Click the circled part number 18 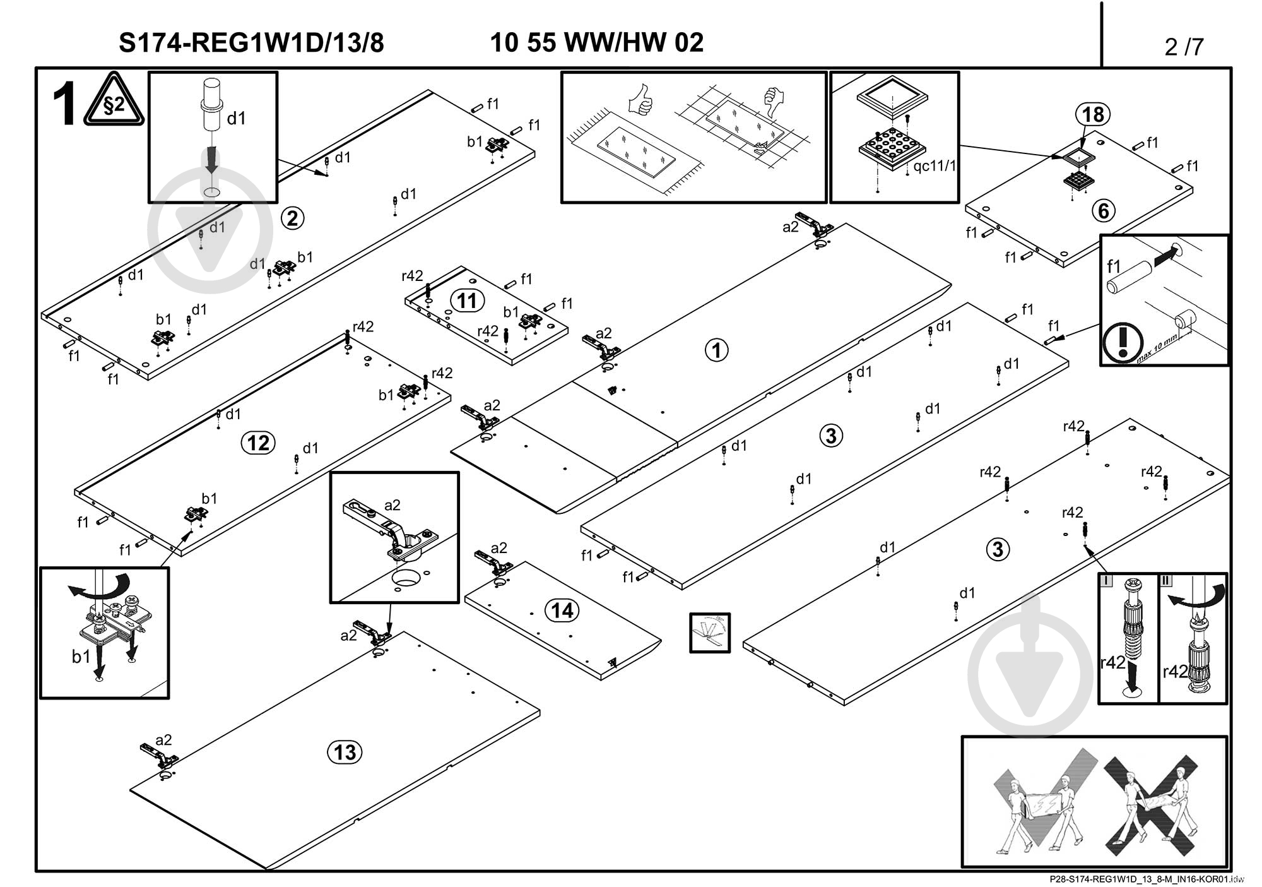point(1093,115)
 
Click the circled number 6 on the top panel point(1103,211)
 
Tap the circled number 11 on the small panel point(467,301)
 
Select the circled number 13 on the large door point(345,753)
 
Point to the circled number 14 point(562,610)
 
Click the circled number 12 point(258,443)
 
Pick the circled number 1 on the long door point(716,350)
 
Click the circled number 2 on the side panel point(292,218)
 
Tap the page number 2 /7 point(1184,47)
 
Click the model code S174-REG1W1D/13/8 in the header point(251,43)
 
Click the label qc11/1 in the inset point(935,166)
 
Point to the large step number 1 point(64,105)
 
